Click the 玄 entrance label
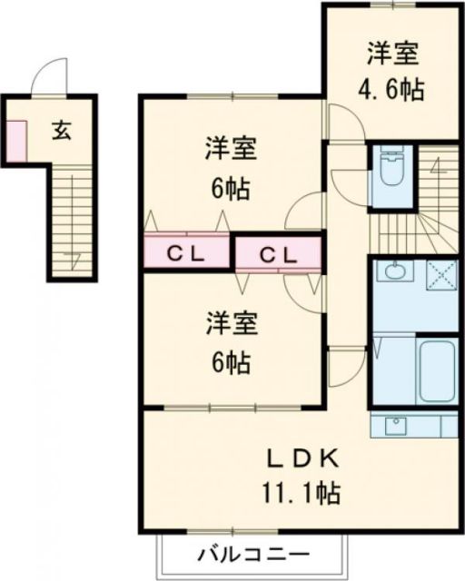pyautogui.click(x=61, y=130)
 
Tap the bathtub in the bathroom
pyautogui.click(x=435, y=370)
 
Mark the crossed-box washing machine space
pyautogui.click(x=440, y=272)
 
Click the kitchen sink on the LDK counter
pyautogui.click(x=397, y=425)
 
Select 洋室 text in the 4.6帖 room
pyautogui.click(x=392, y=54)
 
